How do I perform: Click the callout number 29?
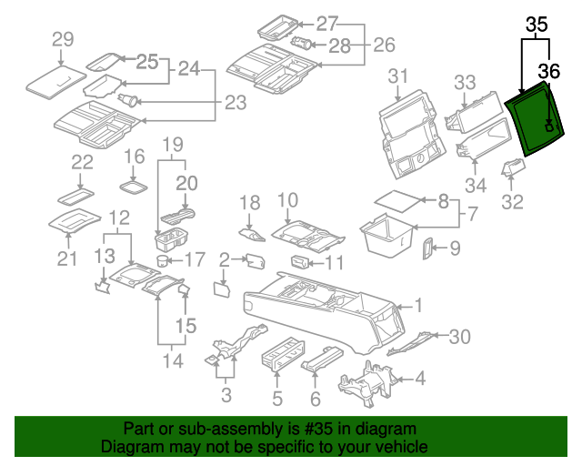(62, 39)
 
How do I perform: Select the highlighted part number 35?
(537, 25)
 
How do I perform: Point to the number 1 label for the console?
(417, 305)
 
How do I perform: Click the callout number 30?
(460, 337)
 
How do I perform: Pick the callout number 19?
(173, 144)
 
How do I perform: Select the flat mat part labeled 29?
(53, 78)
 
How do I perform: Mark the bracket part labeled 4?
(366, 383)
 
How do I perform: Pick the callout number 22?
(83, 163)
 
